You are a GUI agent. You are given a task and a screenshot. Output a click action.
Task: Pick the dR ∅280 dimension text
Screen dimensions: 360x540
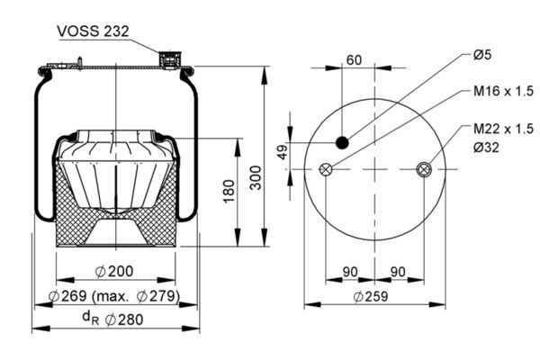(114, 318)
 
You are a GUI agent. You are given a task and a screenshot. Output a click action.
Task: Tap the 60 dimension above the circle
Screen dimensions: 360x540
(354, 60)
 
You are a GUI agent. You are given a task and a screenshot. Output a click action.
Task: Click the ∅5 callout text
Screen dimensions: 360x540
(482, 56)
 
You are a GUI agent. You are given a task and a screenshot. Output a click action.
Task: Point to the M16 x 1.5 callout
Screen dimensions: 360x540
(503, 91)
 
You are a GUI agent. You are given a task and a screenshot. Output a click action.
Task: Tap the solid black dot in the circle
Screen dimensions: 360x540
(343, 141)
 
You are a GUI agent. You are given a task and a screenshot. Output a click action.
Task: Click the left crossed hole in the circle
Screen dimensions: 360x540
(327, 169)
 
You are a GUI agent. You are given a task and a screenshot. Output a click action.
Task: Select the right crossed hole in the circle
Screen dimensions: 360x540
(425, 169)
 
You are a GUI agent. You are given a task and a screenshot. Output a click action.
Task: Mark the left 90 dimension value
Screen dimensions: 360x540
(351, 272)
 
